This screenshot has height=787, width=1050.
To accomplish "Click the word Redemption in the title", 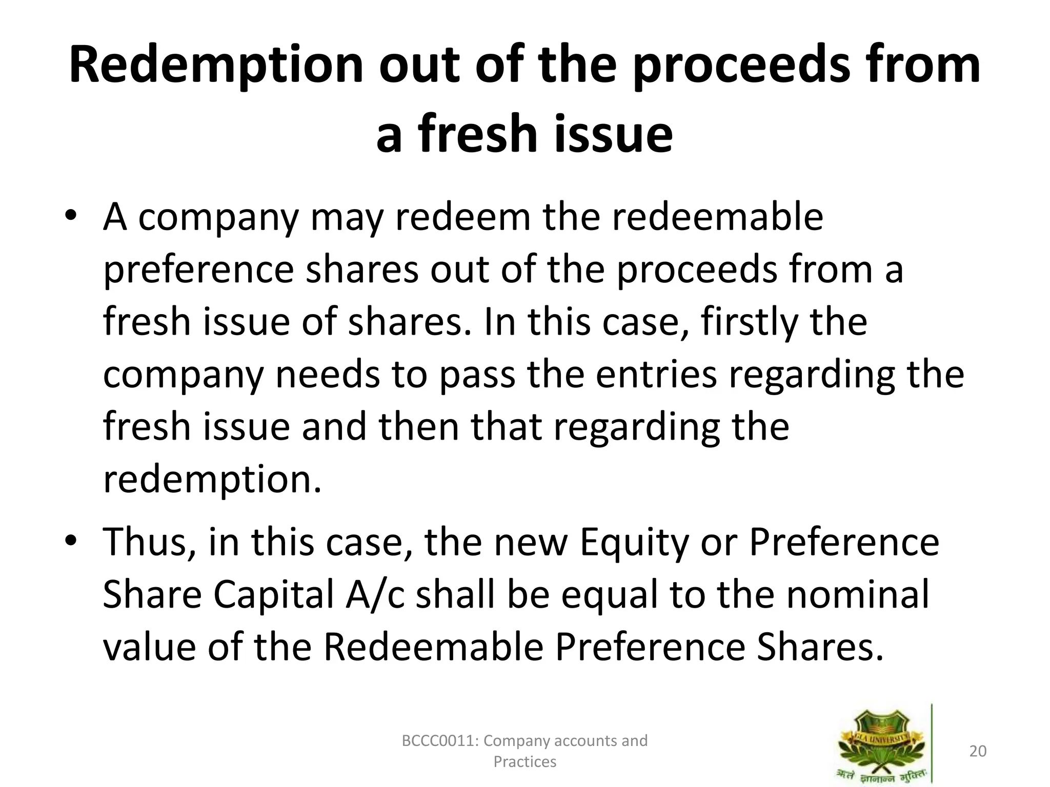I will coord(216,66).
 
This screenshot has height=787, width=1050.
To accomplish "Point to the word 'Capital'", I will coord(273,595).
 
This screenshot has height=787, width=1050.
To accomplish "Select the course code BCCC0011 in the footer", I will coord(440,741).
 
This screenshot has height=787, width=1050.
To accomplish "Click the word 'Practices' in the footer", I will coord(524,762).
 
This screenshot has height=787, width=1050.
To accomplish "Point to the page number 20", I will coord(978,751).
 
